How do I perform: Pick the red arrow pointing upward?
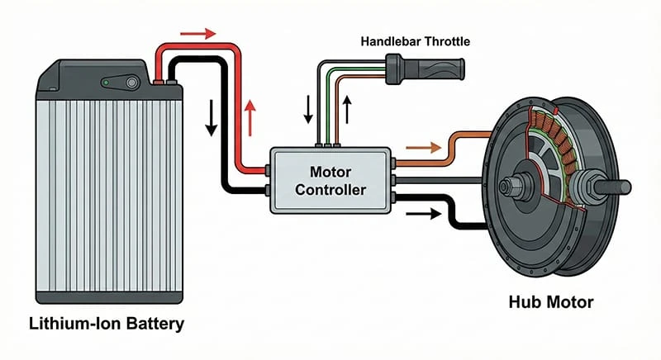(250, 111)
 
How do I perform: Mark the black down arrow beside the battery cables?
(211, 120)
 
